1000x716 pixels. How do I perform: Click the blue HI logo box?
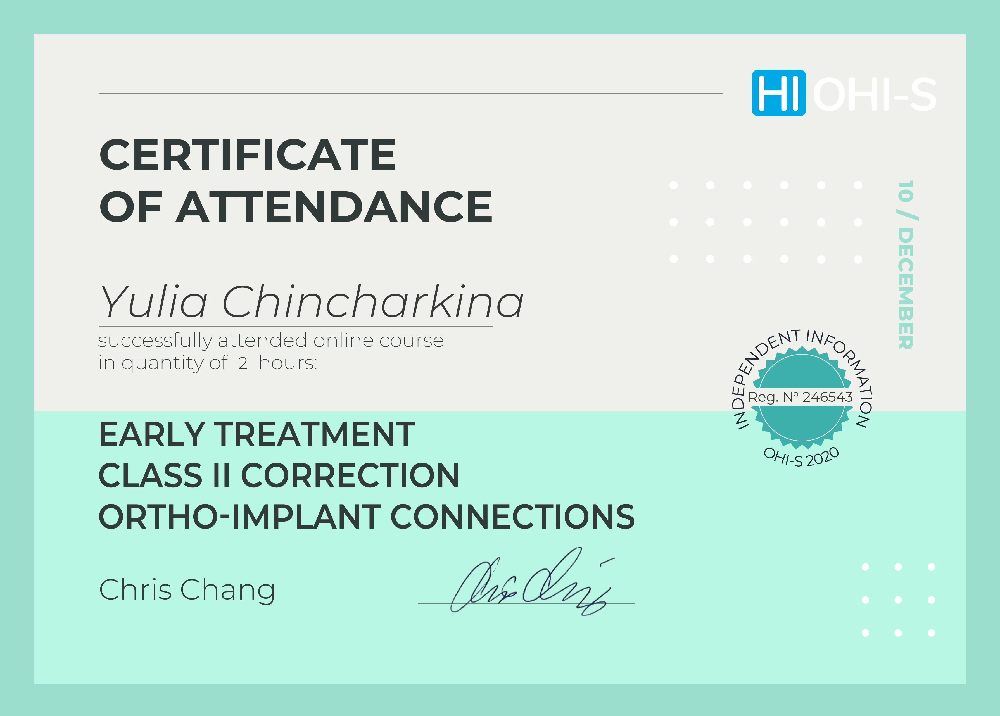click(x=779, y=93)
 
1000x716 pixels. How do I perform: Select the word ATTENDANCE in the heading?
click(x=334, y=207)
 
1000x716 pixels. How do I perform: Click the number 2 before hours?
click(x=243, y=363)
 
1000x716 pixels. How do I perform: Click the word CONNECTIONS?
click(x=512, y=517)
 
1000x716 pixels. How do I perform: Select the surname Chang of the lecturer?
click(x=228, y=590)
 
